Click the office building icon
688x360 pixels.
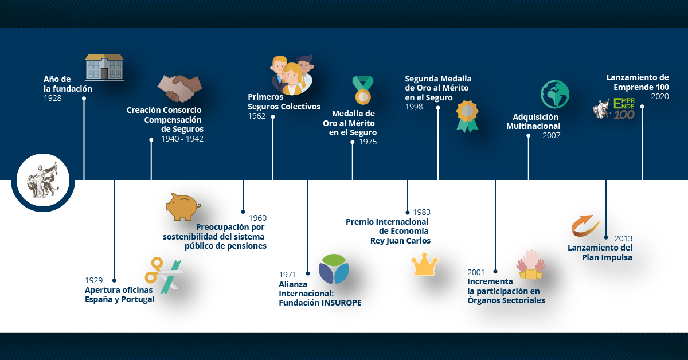(104, 68)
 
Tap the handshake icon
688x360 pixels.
(179, 88)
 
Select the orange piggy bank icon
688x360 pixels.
(183, 206)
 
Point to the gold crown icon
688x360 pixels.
(424, 264)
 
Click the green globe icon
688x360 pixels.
(555, 95)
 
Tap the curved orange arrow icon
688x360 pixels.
(585, 226)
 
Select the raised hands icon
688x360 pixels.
(531, 264)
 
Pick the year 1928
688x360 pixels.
(53, 98)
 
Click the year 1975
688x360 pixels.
(368, 142)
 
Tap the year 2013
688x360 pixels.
(624, 238)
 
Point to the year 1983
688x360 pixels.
(422, 212)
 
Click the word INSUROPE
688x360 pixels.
(341, 303)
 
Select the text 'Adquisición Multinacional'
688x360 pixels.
(533, 122)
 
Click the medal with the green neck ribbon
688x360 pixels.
(363, 91)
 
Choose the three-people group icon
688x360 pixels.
(292, 75)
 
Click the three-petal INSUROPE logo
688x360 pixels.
(334, 269)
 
